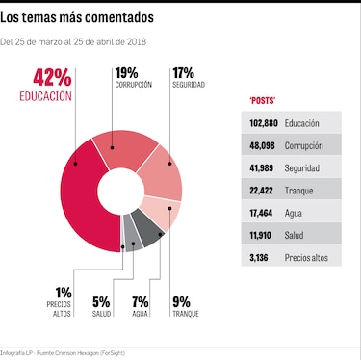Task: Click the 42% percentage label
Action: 52,78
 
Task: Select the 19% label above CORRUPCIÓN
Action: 126,73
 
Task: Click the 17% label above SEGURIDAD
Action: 183,73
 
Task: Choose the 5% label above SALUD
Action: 101,301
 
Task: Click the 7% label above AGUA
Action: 141,301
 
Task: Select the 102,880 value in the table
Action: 263,123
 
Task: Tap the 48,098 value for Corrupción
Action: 265,145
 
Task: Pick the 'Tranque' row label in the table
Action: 300,191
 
